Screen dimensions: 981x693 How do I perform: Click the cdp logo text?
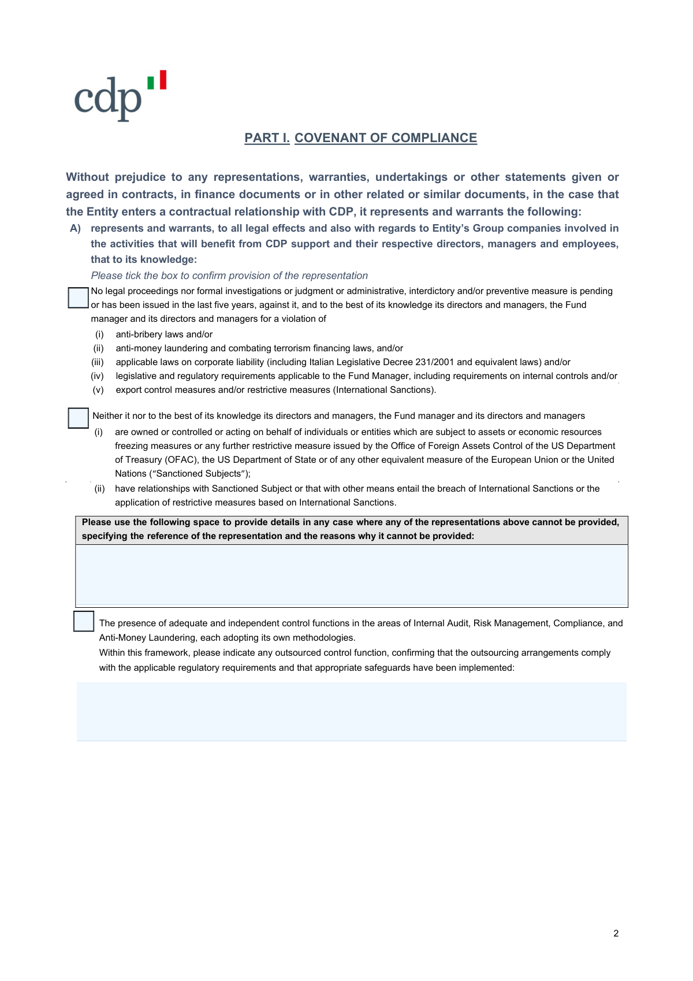click(x=108, y=98)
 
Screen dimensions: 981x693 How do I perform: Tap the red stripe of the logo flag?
click(x=163, y=80)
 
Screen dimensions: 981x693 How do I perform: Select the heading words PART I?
click(x=267, y=138)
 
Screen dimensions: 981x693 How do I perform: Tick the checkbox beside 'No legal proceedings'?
click(x=78, y=298)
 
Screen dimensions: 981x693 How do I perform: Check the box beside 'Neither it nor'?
click(x=78, y=418)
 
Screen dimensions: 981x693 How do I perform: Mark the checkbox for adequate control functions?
click(x=84, y=621)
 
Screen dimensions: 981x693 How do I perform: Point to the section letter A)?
click(x=75, y=228)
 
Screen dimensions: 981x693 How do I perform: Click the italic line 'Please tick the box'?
click(x=229, y=276)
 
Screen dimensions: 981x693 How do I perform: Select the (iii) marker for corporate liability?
click(x=98, y=362)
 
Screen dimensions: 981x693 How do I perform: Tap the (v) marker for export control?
click(x=98, y=390)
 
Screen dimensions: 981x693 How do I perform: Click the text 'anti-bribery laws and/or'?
click(x=164, y=335)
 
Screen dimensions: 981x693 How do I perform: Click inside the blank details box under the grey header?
click(x=351, y=575)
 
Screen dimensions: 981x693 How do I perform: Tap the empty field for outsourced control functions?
click(x=351, y=711)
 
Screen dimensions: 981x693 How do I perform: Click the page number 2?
click(x=616, y=933)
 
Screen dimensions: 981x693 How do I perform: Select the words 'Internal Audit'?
click(x=441, y=623)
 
